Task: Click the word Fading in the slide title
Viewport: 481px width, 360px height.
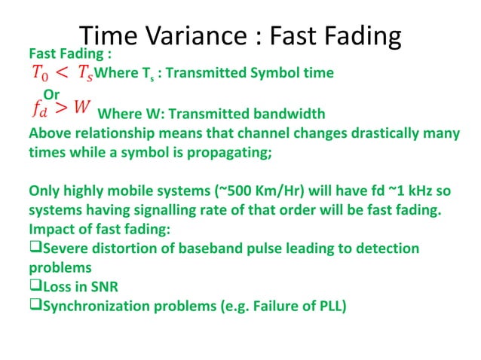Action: click(x=360, y=35)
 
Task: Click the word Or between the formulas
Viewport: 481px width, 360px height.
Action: click(x=51, y=93)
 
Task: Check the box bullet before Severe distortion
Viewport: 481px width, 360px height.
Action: click(x=35, y=248)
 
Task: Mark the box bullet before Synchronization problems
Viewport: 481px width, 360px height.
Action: click(x=35, y=306)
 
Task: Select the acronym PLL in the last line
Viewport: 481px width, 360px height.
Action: click(x=327, y=307)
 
